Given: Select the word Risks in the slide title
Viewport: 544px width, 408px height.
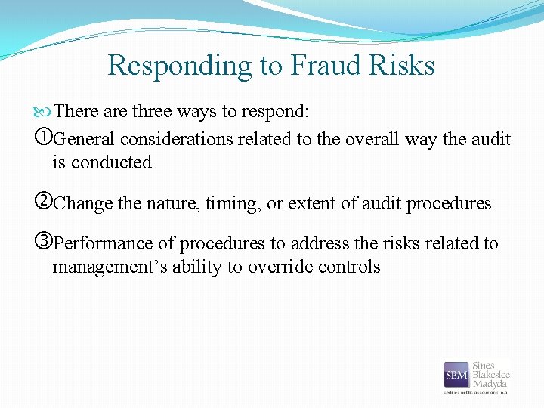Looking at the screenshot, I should pyautogui.click(x=403, y=66).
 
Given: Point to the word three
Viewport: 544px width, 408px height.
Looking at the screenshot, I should pyautogui.click(x=152, y=112).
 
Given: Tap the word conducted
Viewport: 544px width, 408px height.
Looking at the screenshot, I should pyautogui.click(x=112, y=162).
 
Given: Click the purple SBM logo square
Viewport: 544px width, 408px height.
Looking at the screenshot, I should pyautogui.click(x=456, y=376).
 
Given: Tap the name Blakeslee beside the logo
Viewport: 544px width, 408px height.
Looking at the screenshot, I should pyautogui.click(x=491, y=375).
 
